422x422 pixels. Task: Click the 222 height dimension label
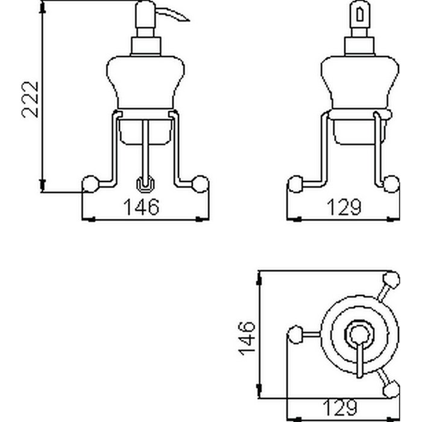30,99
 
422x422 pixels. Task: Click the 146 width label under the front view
141,207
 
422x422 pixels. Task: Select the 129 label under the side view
344,207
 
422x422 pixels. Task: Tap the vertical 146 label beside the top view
247,338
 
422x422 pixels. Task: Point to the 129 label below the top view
340,408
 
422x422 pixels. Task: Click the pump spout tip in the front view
189,20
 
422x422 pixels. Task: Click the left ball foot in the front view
90,184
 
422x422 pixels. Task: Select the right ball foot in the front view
200,184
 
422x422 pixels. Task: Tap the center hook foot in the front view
145,184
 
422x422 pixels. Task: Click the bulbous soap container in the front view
146,82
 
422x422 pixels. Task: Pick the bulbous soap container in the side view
360,82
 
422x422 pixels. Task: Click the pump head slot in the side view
360,15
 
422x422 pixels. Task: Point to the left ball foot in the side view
295,184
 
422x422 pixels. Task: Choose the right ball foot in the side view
391,184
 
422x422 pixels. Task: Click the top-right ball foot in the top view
391,280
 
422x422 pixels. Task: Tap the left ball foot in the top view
295,335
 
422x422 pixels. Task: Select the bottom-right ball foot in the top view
391,389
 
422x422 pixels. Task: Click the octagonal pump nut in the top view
360,335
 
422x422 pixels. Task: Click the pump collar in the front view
146,46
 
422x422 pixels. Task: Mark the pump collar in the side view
360,46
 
